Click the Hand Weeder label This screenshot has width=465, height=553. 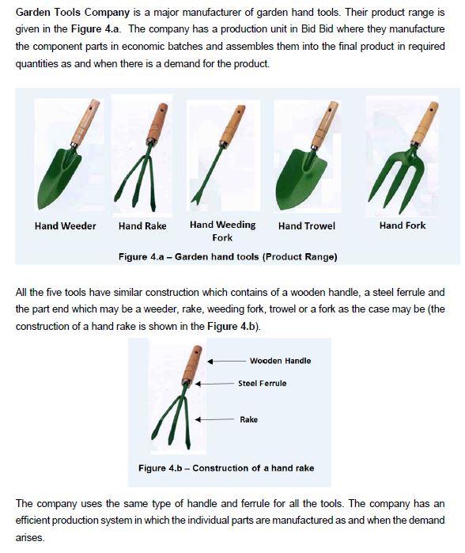(65, 225)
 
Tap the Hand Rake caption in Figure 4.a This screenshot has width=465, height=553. (142, 225)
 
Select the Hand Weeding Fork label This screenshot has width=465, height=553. (222, 231)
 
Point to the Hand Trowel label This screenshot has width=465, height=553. (307, 225)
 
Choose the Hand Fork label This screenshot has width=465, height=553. (403, 225)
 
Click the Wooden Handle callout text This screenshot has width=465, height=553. (280, 361)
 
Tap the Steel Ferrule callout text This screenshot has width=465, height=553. (263, 384)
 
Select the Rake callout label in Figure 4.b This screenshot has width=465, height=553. (248, 419)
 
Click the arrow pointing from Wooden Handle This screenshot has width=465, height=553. (226, 361)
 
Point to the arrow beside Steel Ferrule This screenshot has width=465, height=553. (214, 384)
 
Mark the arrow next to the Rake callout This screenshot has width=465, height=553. (214, 419)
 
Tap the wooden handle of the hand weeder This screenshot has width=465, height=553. (85, 123)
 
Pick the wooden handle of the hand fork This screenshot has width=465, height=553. (425, 123)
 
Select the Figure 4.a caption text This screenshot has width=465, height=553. (228, 256)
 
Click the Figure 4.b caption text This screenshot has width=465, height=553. (226, 468)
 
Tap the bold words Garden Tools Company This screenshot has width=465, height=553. (73, 13)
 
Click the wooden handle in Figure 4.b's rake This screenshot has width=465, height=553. (192, 364)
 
